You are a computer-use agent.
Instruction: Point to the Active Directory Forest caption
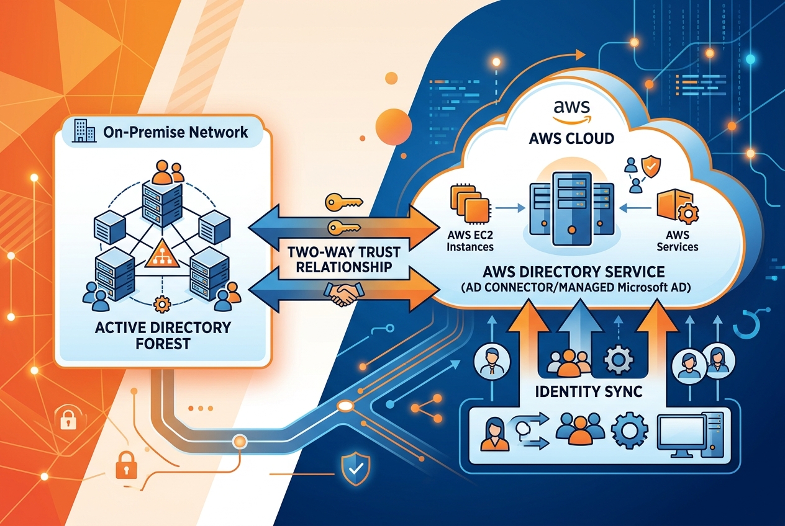click(x=163, y=334)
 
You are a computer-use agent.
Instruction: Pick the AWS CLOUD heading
click(x=571, y=138)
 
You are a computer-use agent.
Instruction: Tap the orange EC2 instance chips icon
click(x=467, y=205)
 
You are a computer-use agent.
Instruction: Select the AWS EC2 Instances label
click(x=470, y=241)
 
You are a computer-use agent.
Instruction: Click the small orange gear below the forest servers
click(x=163, y=304)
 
